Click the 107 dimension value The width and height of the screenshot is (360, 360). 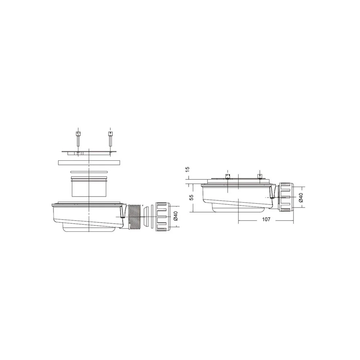(266, 220)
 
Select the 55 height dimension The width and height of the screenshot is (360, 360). (191, 197)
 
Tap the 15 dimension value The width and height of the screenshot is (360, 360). (187, 169)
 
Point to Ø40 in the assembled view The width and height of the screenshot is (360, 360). (301, 197)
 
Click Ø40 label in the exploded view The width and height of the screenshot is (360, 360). (175, 216)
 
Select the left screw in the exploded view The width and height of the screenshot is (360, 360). (78, 139)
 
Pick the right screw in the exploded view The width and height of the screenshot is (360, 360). (110, 139)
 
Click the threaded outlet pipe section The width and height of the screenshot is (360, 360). (135, 217)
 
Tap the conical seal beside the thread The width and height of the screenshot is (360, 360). (146, 217)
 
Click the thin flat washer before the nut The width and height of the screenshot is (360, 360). (152, 217)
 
